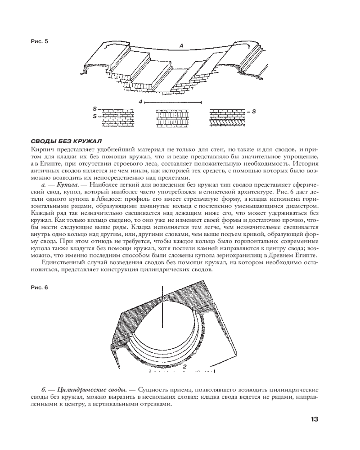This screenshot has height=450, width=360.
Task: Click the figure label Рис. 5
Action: click(x=39, y=41)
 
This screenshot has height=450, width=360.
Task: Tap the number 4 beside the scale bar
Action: click(x=141, y=102)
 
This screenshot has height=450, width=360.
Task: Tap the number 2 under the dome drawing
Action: click(x=184, y=367)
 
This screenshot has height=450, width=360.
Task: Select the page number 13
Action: click(x=314, y=419)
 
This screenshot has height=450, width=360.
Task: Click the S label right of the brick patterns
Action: click(x=254, y=110)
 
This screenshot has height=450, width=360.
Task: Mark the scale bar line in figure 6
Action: click(x=182, y=371)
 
